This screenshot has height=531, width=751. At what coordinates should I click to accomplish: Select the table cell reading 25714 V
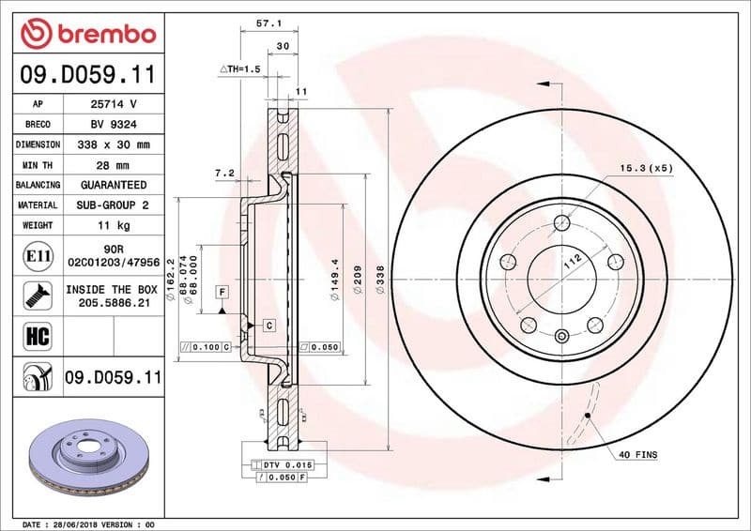pos(114,104)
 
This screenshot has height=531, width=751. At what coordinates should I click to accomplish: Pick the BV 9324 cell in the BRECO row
pos(114,124)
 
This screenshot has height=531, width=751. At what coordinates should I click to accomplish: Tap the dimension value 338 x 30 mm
pos(114,144)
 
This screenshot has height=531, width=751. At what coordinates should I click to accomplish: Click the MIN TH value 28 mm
pos(114,165)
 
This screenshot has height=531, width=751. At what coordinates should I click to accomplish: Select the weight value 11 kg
pos(114,225)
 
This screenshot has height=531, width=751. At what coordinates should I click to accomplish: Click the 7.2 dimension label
pos(223,173)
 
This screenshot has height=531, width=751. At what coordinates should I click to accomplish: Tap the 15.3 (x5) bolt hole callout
pos(646,168)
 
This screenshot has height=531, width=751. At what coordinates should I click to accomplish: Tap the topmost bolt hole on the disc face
pos(562,223)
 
